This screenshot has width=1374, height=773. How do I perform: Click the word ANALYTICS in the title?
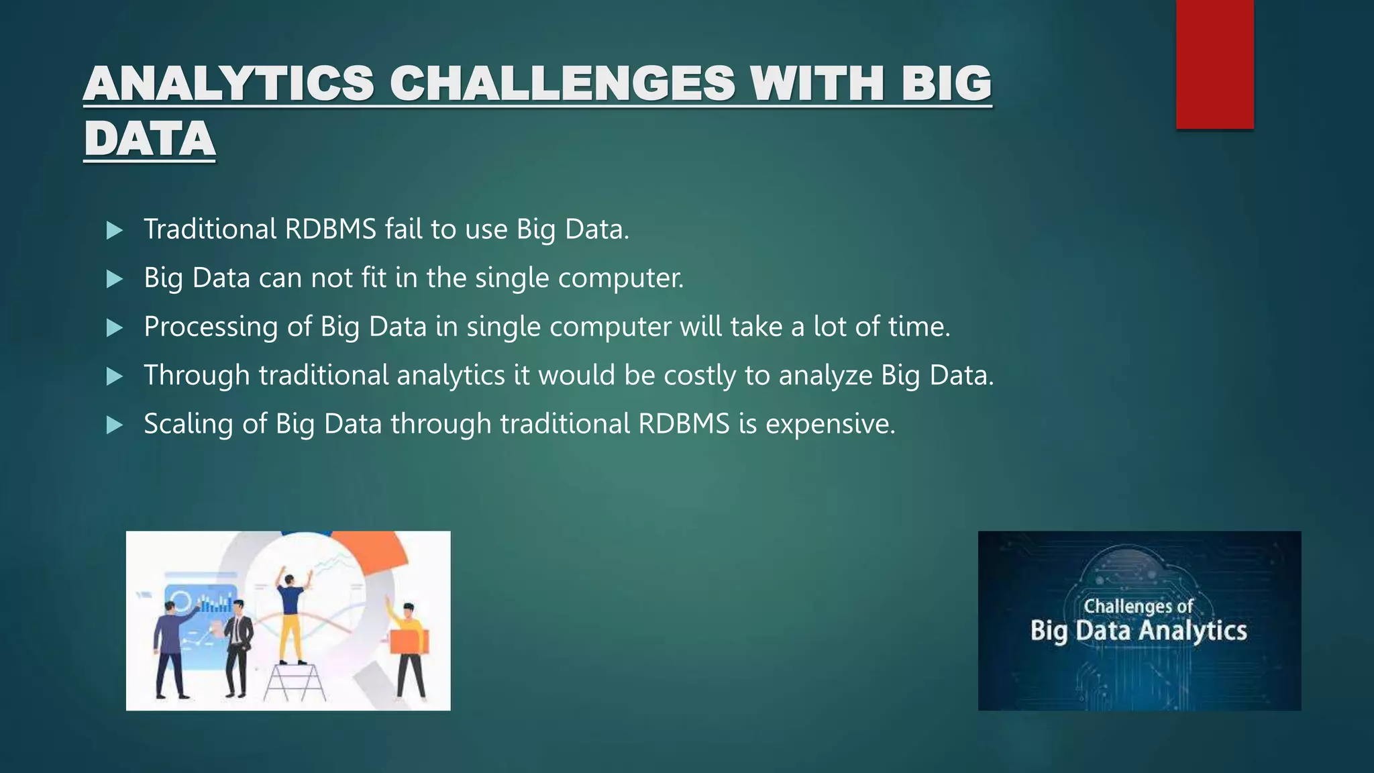tap(228, 85)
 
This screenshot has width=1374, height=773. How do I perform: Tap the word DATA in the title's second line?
tap(150, 140)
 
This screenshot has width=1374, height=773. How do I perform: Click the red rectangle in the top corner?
tap(1214, 64)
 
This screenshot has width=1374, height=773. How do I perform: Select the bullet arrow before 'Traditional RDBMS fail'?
tap(115, 231)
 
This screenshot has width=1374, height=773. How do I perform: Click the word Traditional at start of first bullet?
tap(210, 229)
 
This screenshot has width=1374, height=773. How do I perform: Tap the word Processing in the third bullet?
tap(211, 327)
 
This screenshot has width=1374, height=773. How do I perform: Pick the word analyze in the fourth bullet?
tap(825, 376)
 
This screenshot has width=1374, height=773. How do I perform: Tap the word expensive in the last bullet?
tap(830, 425)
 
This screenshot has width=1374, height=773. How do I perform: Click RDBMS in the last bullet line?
tap(684, 424)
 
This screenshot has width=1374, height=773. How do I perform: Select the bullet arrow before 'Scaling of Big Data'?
tap(115, 425)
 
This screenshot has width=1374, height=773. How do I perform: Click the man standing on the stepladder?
tap(291, 614)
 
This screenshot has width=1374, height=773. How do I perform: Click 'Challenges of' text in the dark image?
tap(1138, 606)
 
